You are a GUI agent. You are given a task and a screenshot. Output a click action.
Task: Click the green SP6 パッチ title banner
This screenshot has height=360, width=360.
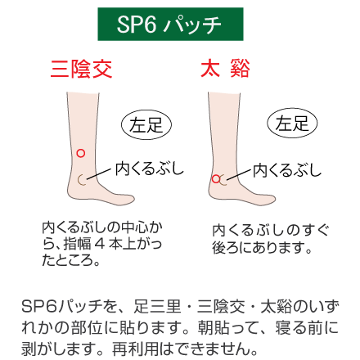point(170,24)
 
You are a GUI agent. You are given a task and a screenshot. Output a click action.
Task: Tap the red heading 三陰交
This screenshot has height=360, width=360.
point(81,69)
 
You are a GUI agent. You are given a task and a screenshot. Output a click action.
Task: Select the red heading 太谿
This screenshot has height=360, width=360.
point(225,69)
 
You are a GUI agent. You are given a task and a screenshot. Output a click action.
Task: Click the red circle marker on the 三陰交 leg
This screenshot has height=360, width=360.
point(80,153)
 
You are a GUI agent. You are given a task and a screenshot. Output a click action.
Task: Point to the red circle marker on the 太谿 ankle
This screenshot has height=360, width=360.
point(216,179)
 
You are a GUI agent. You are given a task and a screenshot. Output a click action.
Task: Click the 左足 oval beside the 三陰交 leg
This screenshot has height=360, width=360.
point(146,125)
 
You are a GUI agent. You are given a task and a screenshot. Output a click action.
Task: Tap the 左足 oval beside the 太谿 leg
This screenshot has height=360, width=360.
point(292,123)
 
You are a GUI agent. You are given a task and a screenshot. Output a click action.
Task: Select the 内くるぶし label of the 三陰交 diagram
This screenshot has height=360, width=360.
point(150,169)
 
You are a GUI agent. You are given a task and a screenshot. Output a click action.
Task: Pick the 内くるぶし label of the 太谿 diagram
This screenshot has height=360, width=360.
point(287,170)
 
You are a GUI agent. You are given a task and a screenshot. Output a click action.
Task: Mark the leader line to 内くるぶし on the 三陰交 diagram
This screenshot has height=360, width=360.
point(99,173)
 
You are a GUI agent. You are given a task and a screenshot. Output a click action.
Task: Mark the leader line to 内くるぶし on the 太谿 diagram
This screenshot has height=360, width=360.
point(238,174)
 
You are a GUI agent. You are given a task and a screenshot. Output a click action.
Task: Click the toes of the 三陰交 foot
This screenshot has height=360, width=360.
point(128,199)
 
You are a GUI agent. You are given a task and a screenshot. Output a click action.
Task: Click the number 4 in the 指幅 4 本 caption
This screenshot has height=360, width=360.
point(100,244)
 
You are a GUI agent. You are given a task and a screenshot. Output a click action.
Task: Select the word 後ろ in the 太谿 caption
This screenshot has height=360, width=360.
point(224,248)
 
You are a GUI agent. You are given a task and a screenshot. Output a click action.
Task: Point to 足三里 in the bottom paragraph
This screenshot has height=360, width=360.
point(157,307)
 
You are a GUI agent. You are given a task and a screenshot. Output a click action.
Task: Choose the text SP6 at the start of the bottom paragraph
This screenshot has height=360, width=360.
point(39,307)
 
